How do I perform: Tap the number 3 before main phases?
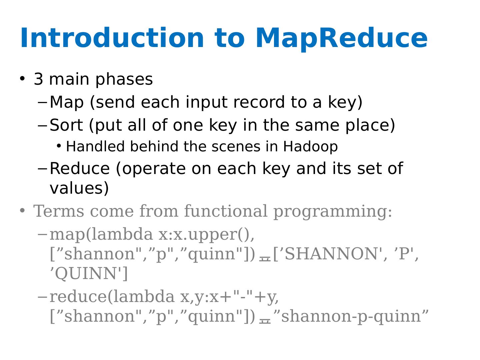pyautogui.click(x=39, y=79)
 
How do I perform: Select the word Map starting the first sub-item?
pyautogui.click(x=67, y=102)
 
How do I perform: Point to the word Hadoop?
pyautogui.click(x=310, y=147)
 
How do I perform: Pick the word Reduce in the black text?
pyautogui.click(x=79, y=169)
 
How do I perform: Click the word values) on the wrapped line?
pyautogui.click(x=79, y=188)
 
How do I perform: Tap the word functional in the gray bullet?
pyautogui.click(x=226, y=211)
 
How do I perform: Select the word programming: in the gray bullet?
pyautogui.click(x=333, y=212)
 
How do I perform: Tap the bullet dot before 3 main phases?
pyautogui.click(x=22, y=79)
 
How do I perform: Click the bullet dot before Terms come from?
pyautogui.click(x=22, y=211)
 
